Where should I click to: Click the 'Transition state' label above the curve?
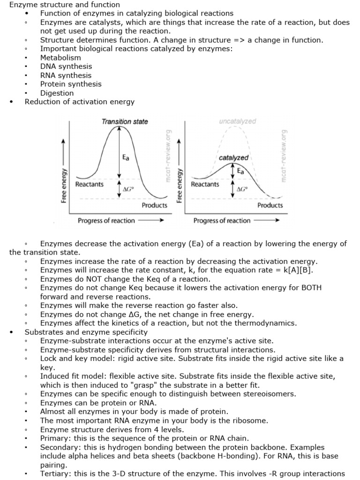125,122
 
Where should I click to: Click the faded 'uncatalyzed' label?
237,121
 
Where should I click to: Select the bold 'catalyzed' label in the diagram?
233,158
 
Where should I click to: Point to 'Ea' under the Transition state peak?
126,158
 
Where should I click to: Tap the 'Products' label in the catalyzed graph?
270,205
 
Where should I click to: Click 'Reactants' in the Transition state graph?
90,184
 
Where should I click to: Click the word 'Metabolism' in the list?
60,58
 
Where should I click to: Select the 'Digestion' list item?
57,93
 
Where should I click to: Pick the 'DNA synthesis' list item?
66,67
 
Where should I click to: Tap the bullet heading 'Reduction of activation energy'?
80,102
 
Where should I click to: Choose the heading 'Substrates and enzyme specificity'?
86,332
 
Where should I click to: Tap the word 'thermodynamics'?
267,323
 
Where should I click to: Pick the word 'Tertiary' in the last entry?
55,473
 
